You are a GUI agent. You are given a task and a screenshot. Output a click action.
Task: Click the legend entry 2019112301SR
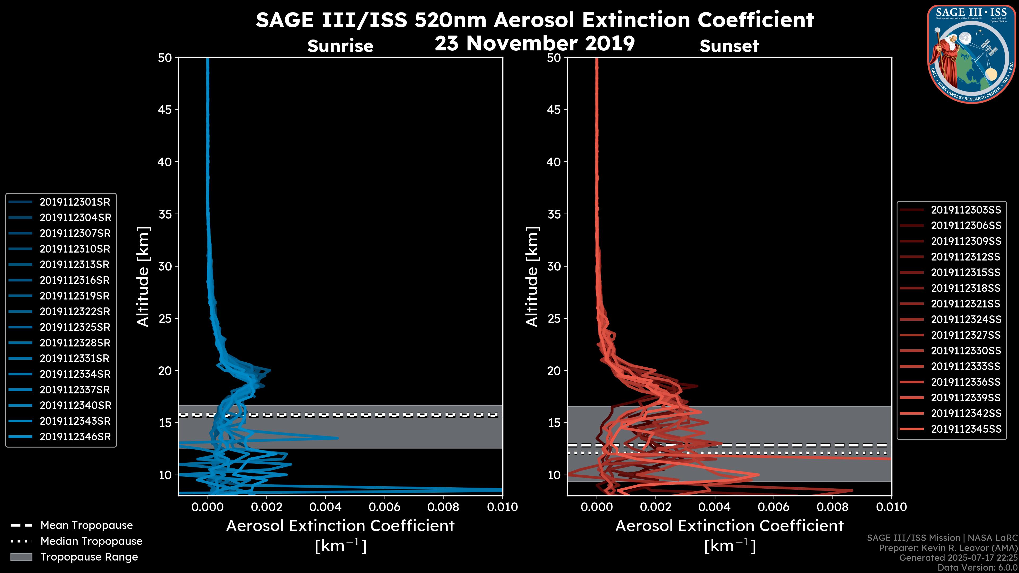pyautogui.click(x=75, y=202)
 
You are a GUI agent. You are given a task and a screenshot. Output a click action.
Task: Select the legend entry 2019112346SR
pyautogui.click(x=75, y=437)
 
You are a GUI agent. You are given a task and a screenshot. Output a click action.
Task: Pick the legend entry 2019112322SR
pyautogui.click(x=75, y=312)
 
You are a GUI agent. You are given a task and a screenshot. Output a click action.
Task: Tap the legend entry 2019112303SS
pyautogui.click(x=966, y=210)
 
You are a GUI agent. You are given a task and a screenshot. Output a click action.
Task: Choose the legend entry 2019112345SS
pyautogui.click(x=966, y=429)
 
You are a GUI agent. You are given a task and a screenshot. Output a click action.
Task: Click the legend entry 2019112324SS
pyautogui.click(x=966, y=319)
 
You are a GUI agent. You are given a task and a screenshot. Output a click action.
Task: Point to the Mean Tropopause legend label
pyautogui.click(x=87, y=526)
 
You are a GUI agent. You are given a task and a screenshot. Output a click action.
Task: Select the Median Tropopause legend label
pyautogui.click(x=91, y=541)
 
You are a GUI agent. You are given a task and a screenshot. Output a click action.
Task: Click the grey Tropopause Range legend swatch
pyautogui.click(x=21, y=557)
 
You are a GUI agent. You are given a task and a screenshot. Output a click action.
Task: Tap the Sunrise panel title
pyautogui.click(x=340, y=46)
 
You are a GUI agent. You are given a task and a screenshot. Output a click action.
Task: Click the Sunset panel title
pyautogui.click(x=729, y=46)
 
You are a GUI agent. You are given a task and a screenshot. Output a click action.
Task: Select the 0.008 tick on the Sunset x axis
pyautogui.click(x=833, y=507)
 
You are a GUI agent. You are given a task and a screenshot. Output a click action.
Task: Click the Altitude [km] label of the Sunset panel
pyautogui.click(x=532, y=277)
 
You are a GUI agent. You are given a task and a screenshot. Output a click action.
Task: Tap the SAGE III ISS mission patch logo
pyautogui.click(x=970, y=54)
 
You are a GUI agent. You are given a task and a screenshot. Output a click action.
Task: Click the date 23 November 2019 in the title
pyautogui.click(x=534, y=44)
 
